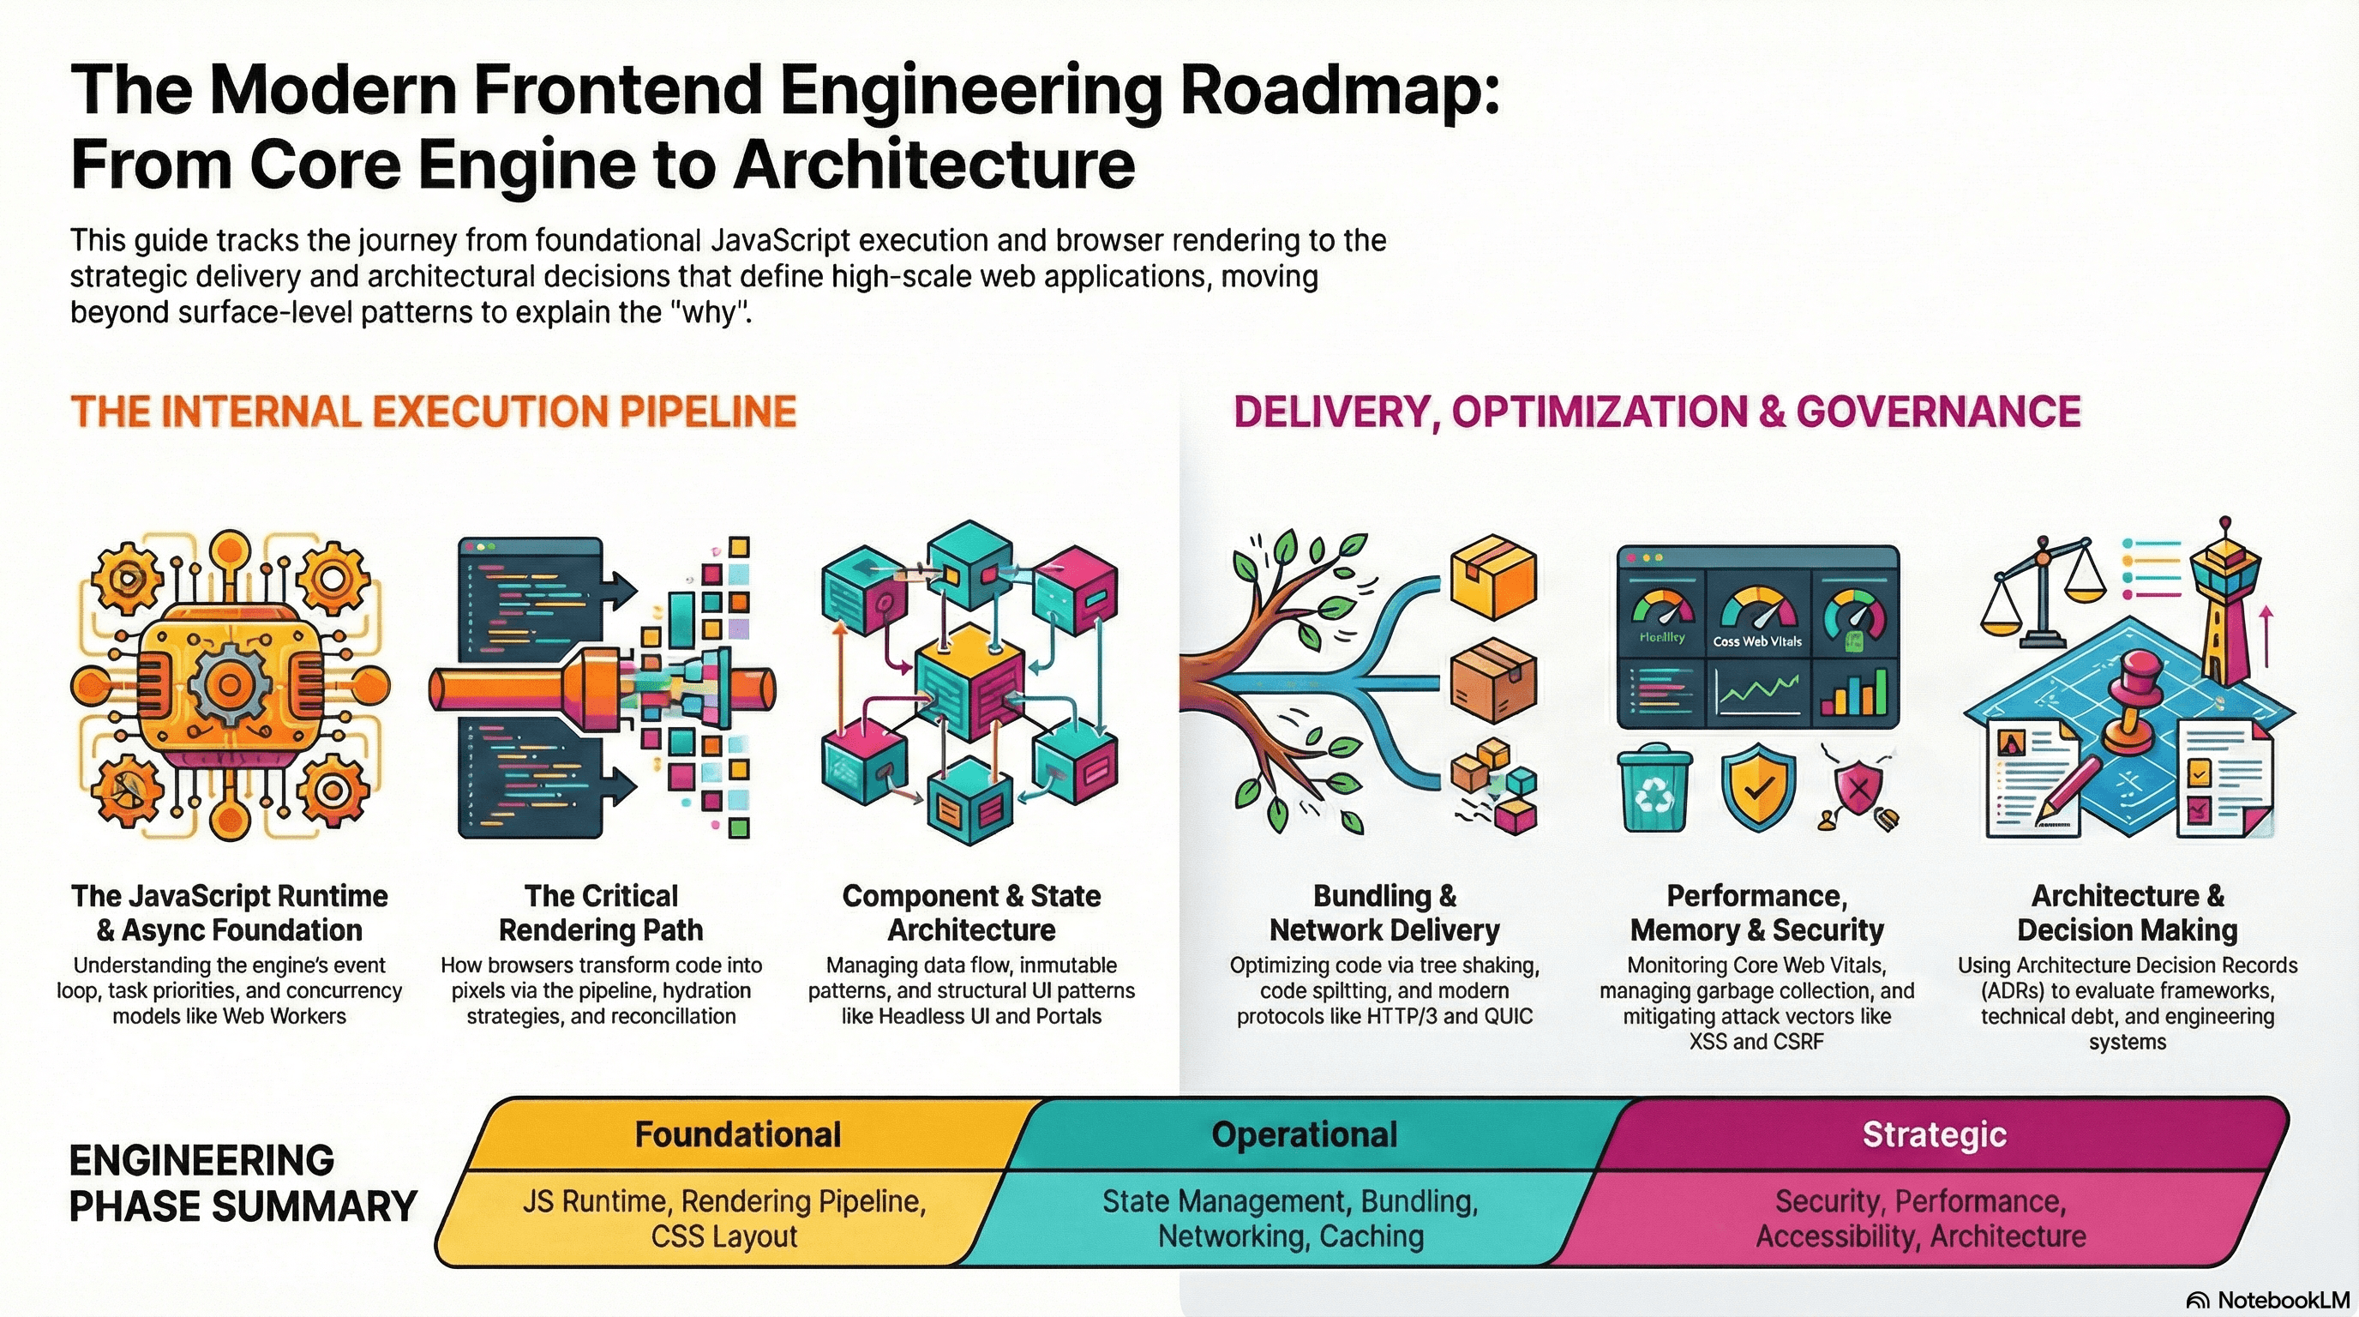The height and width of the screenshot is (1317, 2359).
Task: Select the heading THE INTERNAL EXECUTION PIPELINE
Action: pyautogui.click(x=433, y=412)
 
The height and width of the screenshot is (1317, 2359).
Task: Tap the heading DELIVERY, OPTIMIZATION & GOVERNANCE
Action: pyautogui.click(x=1657, y=412)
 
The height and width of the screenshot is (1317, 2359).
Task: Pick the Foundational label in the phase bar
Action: pyautogui.click(x=738, y=1134)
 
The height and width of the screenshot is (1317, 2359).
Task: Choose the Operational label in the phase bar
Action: pyautogui.click(x=1304, y=1134)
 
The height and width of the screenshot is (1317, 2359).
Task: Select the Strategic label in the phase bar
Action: pyautogui.click(x=1934, y=1134)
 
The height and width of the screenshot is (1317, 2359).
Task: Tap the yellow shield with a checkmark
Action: pyautogui.click(x=1757, y=790)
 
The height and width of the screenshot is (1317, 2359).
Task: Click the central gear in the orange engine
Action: pyautogui.click(x=229, y=684)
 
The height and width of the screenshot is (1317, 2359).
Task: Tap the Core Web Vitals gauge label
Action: pyautogui.click(x=1757, y=641)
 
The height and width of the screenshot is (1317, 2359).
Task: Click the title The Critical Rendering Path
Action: pyautogui.click(x=601, y=913)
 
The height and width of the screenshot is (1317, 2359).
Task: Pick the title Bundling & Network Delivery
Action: pyautogui.click(x=1384, y=913)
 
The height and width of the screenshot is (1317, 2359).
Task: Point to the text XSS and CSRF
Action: pyautogui.click(x=1756, y=1041)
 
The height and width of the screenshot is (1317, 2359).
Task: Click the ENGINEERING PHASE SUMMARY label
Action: pyautogui.click(x=243, y=1183)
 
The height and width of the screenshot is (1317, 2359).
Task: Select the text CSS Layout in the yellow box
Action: pyautogui.click(x=724, y=1236)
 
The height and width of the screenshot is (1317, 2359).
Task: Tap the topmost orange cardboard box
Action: pyautogui.click(x=1493, y=577)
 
